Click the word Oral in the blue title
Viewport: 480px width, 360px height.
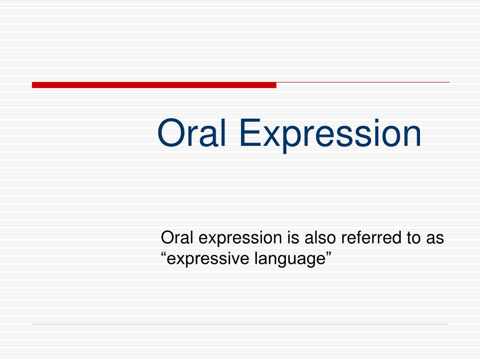(x=192, y=133)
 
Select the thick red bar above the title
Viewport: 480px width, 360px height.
(x=154, y=85)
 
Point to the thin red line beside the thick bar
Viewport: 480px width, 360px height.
(x=363, y=82)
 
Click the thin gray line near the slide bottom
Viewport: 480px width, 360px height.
(x=240, y=324)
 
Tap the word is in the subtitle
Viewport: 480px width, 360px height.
(x=293, y=238)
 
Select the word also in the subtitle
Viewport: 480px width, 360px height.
(x=320, y=238)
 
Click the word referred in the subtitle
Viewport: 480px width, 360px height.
(x=371, y=238)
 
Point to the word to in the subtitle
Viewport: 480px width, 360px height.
(x=413, y=238)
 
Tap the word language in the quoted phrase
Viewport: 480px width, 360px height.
(x=290, y=260)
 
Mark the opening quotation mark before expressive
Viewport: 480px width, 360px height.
(x=164, y=255)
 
